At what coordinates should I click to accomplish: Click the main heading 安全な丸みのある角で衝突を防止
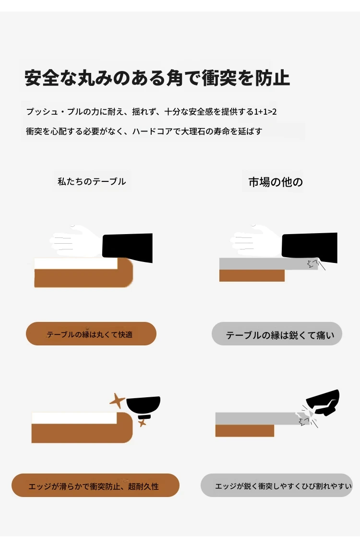point(157,78)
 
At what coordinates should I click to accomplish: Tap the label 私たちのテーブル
point(92,181)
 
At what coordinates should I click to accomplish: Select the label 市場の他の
point(276,182)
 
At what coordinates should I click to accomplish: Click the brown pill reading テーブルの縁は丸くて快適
point(91,334)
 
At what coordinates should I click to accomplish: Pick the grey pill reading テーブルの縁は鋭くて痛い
point(277,334)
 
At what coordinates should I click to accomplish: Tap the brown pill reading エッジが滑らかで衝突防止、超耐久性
point(96,485)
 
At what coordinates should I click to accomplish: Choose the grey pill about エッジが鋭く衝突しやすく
point(276,485)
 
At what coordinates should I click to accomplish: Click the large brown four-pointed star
point(118,401)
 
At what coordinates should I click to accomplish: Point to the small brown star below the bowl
point(142,423)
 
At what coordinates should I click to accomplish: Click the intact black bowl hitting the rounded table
point(144,407)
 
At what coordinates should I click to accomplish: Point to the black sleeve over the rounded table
point(128,247)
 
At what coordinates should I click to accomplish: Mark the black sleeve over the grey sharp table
point(310,247)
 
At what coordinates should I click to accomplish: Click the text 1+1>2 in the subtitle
point(265,112)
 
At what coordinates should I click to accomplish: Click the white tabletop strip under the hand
point(76,263)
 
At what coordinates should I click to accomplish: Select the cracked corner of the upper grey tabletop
point(314,264)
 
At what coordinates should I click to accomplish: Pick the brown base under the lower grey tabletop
point(245,431)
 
